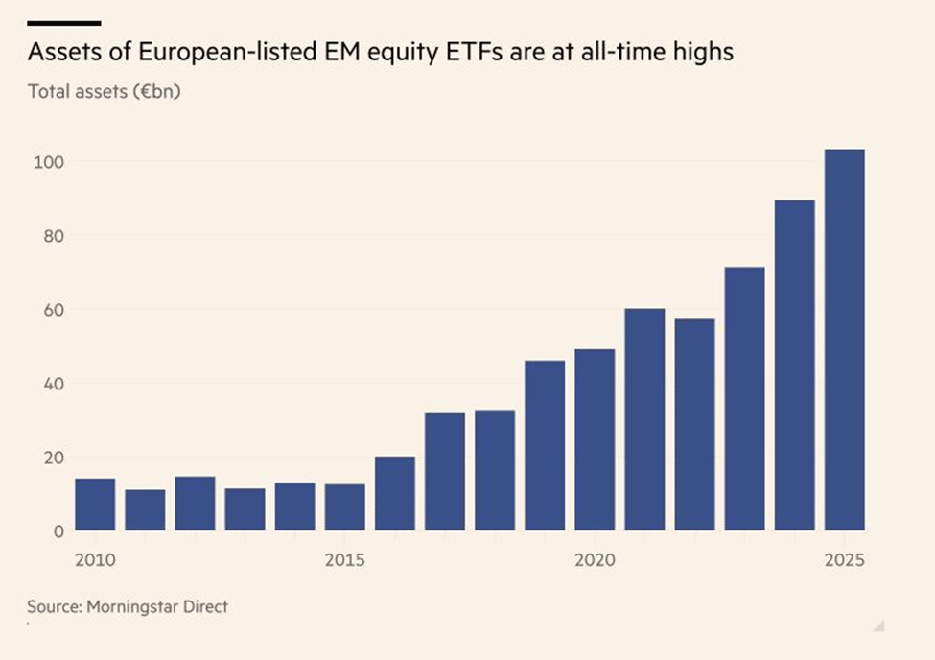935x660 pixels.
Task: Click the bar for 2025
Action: [845, 340]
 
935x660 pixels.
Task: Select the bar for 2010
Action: [95, 504]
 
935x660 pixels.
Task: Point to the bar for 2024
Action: [795, 365]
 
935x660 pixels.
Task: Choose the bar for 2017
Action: [445, 471]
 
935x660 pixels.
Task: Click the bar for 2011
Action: [145, 509]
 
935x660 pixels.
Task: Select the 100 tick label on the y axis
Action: [47, 161]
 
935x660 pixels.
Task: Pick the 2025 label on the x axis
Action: [844, 558]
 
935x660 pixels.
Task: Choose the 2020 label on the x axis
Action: [595, 558]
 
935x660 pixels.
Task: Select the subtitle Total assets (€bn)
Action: [105, 92]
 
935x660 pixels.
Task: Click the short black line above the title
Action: [63, 21]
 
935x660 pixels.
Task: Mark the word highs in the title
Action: [704, 53]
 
